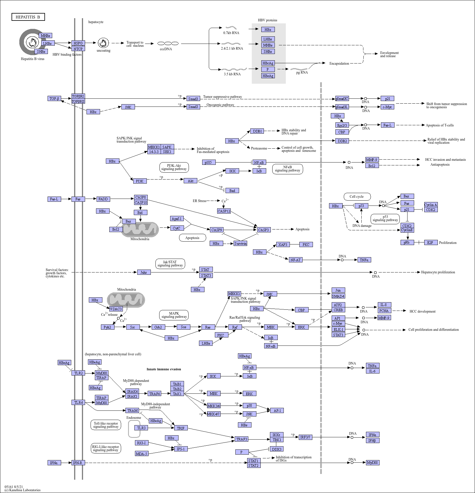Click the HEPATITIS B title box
(28, 17)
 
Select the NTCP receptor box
(78, 49)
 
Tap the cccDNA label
(166, 49)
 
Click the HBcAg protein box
(268, 63)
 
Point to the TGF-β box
(54, 98)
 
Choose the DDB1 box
(257, 131)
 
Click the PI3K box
(140, 181)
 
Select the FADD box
(103, 199)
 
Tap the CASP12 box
(224, 211)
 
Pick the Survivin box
(241, 243)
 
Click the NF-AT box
(296, 260)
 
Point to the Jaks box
(144, 272)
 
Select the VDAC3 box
(116, 309)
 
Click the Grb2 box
(158, 327)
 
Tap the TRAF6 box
(155, 394)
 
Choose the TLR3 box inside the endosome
(141, 428)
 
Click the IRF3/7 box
(305, 437)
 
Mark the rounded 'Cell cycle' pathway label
(357, 197)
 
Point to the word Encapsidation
(339, 64)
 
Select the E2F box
(431, 242)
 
